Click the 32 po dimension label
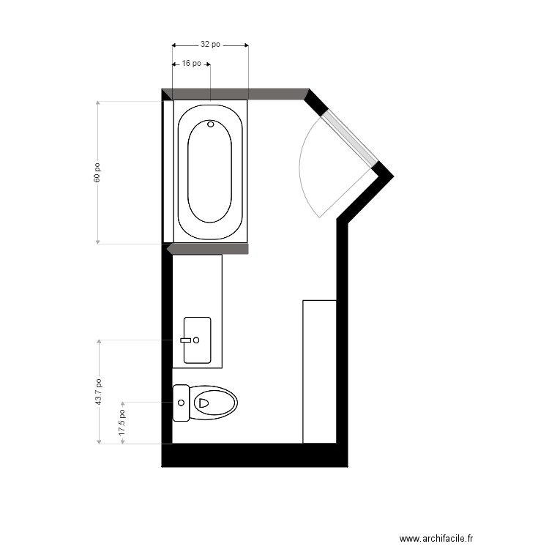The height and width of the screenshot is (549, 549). pos(210,45)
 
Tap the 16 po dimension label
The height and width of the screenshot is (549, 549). pos(192,64)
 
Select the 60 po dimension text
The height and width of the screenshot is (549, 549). pos(97,173)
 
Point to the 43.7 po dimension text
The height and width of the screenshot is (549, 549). pos(98,392)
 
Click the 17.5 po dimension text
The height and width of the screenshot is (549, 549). pos(122,422)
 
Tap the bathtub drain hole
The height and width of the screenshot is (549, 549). pos(210,124)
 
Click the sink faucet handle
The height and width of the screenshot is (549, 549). pos(186,340)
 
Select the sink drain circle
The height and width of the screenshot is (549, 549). pos(196,340)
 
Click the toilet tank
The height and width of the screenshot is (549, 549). pos(181,403)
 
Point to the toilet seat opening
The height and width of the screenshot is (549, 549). pos(203,403)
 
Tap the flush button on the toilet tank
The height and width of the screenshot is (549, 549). pos(181,403)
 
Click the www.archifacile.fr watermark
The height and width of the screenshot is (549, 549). pos(436,538)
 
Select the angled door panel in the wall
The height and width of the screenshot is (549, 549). pos(350,139)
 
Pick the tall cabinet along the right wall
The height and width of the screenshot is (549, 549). pos(320,372)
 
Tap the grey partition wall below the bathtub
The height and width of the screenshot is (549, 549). pos(208,249)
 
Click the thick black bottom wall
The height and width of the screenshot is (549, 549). pos(255,455)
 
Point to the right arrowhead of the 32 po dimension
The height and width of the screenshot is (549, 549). pos(247,45)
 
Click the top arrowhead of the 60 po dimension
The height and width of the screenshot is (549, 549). pos(97,103)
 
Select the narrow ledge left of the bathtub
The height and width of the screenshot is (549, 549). pos(168,171)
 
